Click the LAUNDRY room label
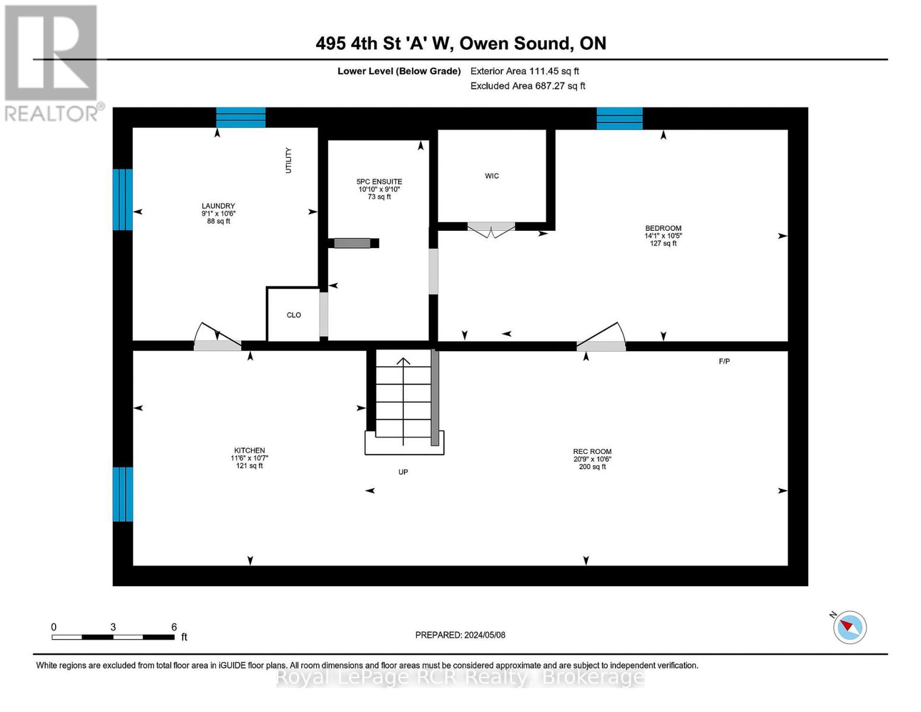(218, 206)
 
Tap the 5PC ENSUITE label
(379, 182)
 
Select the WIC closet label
(492, 176)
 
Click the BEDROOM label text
(663, 228)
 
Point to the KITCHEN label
(249, 450)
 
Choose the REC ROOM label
(592, 452)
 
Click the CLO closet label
(294, 315)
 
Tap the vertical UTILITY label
(289, 160)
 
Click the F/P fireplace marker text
(724, 361)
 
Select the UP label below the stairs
(403, 472)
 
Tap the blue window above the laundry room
(241, 117)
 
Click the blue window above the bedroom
(619, 118)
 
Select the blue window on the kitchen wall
(123, 494)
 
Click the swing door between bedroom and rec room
(601, 338)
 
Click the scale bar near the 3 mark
(113, 637)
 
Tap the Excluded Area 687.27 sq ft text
(528, 86)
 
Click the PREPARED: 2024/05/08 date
(460, 635)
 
